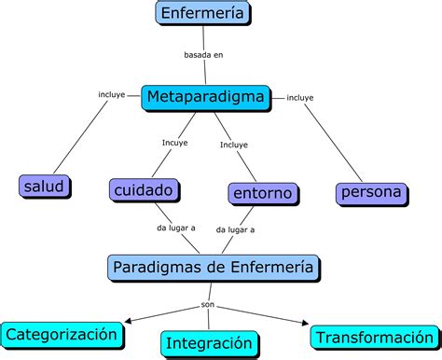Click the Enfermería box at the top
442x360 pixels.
click(204, 14)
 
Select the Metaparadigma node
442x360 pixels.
click(206, 96)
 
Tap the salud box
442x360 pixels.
click(45, 187)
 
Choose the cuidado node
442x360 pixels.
click(145, 190)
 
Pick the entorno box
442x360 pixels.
click(264, 194)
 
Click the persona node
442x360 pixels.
click(371, 193)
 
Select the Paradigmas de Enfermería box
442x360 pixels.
click(214, 269)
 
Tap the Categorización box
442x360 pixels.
click(62, 333)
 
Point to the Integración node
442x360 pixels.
click(210, 343)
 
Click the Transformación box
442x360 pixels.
click(372, 338)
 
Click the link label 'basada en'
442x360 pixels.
click(203, 55)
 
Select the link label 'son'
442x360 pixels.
click(208, 304)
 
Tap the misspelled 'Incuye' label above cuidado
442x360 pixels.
click(174, 143)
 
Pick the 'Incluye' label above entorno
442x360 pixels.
click(234, 144)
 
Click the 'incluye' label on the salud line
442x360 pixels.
click(112, 94)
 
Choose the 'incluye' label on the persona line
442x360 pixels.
click(300, 97)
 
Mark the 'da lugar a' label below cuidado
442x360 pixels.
click(175, 228)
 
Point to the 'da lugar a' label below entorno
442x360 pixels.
click(235, 228)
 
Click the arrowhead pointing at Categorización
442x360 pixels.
click(129, 323)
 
